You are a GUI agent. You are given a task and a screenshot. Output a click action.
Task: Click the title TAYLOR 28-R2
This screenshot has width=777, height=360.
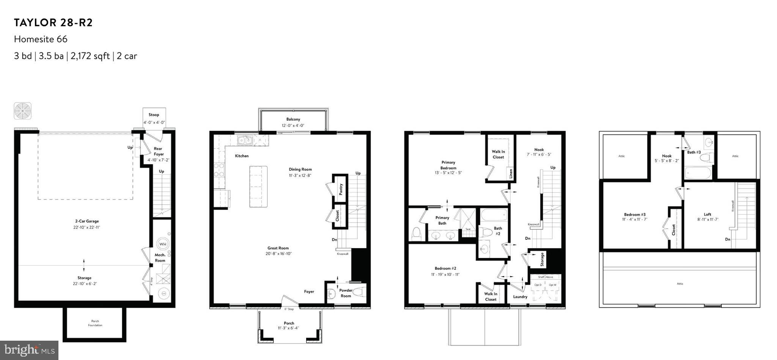coord(53,23)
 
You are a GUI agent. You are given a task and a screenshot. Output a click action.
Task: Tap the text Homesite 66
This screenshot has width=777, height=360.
coord(41,39)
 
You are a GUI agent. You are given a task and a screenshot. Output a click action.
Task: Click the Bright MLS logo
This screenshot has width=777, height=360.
coord(29,350)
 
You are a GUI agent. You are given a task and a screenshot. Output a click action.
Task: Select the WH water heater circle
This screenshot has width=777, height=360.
coord(163,244)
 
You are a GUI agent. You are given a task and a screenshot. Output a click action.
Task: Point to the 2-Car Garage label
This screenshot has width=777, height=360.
coord(87,221)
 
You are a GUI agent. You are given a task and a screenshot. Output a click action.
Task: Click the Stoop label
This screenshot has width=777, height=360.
coord(154,115)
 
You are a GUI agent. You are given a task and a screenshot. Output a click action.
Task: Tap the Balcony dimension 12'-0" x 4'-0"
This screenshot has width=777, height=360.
coord(293,125)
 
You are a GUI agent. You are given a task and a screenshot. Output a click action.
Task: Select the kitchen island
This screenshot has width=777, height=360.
coord(258,186)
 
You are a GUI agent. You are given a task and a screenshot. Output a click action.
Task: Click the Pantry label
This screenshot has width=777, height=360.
coord(341,189)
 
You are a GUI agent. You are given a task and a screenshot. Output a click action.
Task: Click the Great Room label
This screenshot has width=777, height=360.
coord(278,248)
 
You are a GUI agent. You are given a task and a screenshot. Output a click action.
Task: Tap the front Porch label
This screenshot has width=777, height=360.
coord(289,323)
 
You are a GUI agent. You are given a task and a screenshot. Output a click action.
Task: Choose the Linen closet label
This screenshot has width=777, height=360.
coord(511,174)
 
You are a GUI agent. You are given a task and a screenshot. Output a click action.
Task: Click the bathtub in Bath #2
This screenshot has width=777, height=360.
coord(494,215)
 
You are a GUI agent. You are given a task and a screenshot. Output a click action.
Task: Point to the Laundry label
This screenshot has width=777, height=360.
coord(520,297)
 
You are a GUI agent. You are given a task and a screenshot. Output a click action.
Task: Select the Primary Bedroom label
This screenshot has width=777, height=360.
coord(448,165)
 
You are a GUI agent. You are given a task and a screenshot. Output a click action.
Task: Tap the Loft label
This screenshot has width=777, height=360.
coord(707,214)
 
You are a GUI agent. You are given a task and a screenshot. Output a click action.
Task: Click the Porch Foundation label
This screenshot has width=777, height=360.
coord(95,323)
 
